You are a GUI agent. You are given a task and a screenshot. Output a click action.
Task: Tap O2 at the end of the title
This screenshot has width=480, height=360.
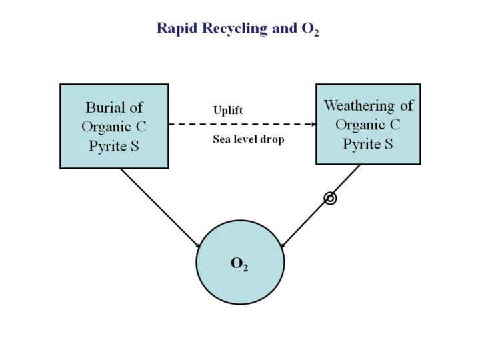(x=309, y=29)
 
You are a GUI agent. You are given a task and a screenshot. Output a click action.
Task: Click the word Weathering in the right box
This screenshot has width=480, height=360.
(x=361, y=106)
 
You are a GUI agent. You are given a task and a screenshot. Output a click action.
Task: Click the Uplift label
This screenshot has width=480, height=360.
(x=228, y=110)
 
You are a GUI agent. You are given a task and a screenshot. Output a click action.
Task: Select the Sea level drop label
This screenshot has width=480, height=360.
(x=249, y=140)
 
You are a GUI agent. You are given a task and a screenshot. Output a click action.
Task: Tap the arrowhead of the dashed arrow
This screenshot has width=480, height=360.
(x=311, y=125)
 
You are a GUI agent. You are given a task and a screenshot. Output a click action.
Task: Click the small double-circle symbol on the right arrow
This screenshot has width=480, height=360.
(x=329, y=198)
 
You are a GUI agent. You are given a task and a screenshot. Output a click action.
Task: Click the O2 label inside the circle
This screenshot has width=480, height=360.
(x=239, y=263)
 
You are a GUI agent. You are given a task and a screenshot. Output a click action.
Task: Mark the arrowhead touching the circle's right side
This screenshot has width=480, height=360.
(x=282, y=245)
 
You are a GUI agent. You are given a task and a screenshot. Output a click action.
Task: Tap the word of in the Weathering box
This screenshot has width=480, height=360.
(x=405, y=106)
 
